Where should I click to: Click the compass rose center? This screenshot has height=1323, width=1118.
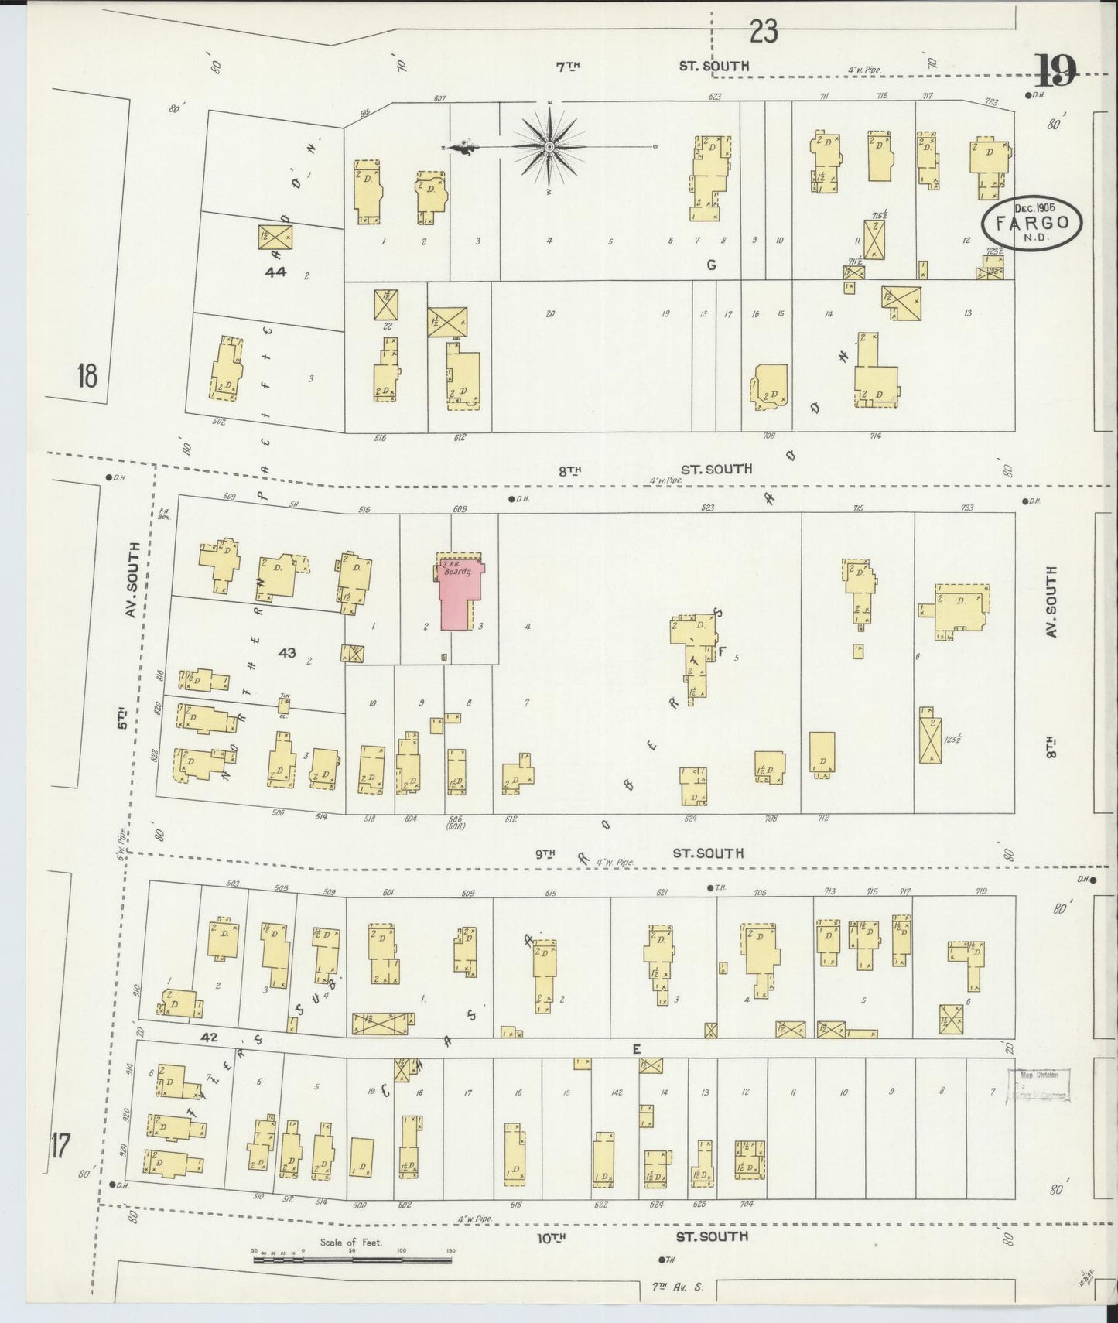click(549, 146)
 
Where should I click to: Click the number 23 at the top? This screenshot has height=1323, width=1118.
click(763, 32)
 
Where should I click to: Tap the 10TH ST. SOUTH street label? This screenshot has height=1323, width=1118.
click(642, 1237)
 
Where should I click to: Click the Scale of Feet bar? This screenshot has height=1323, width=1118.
click(352, 1260)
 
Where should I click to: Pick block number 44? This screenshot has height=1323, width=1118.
click(275, 272)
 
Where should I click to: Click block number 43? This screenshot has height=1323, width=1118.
click(287, 653)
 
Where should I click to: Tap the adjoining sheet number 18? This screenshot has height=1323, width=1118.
click(87, 377)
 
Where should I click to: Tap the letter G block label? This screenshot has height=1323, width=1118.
click(709, 265)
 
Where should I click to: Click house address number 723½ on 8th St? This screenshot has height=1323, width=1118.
click(952, 740)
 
